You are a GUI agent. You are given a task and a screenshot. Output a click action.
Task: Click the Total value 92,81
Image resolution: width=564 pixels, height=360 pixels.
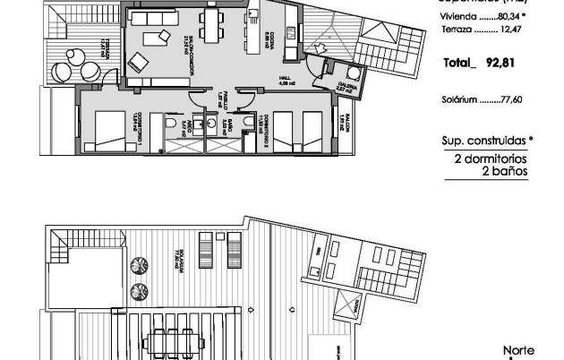point(505,64)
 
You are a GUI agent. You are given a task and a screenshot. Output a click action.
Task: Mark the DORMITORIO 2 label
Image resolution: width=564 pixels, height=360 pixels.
point(261,119)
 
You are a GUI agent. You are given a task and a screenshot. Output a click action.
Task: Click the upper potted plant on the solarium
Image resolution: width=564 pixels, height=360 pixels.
point(140,265)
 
